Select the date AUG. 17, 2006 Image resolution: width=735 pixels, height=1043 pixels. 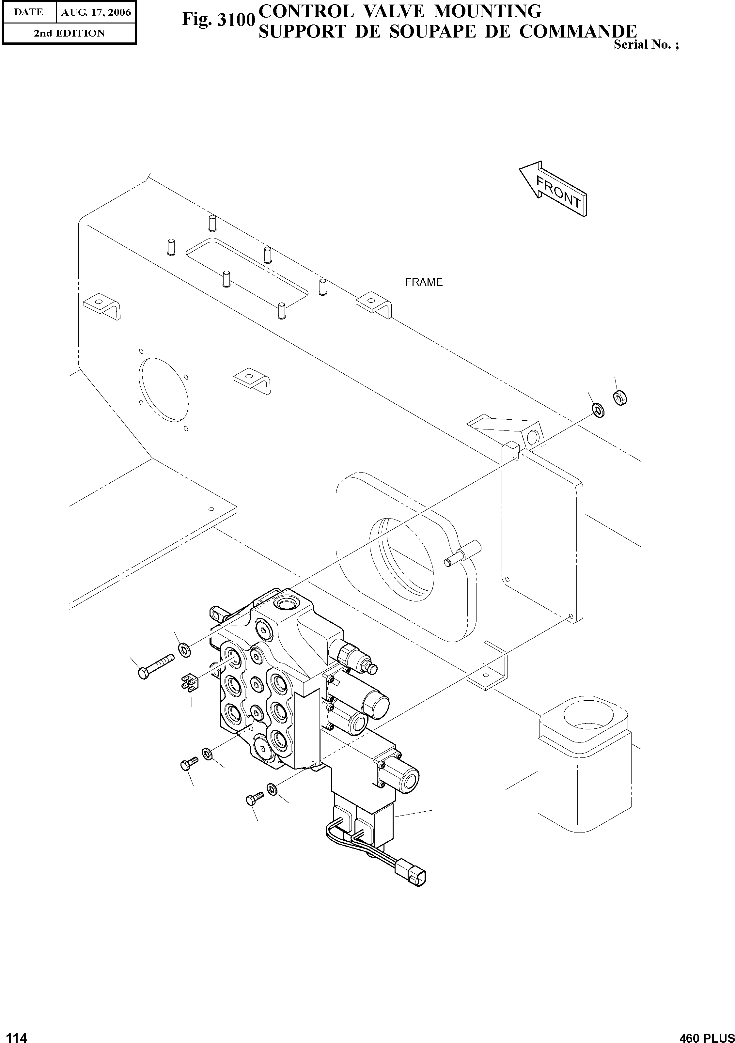click(x=96, y=12)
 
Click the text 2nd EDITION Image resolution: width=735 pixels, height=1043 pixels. click(x=69, y=33)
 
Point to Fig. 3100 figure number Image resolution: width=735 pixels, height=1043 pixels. click(x=218, y=20)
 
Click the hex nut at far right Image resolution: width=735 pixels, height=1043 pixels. click(x=620, y=397)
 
